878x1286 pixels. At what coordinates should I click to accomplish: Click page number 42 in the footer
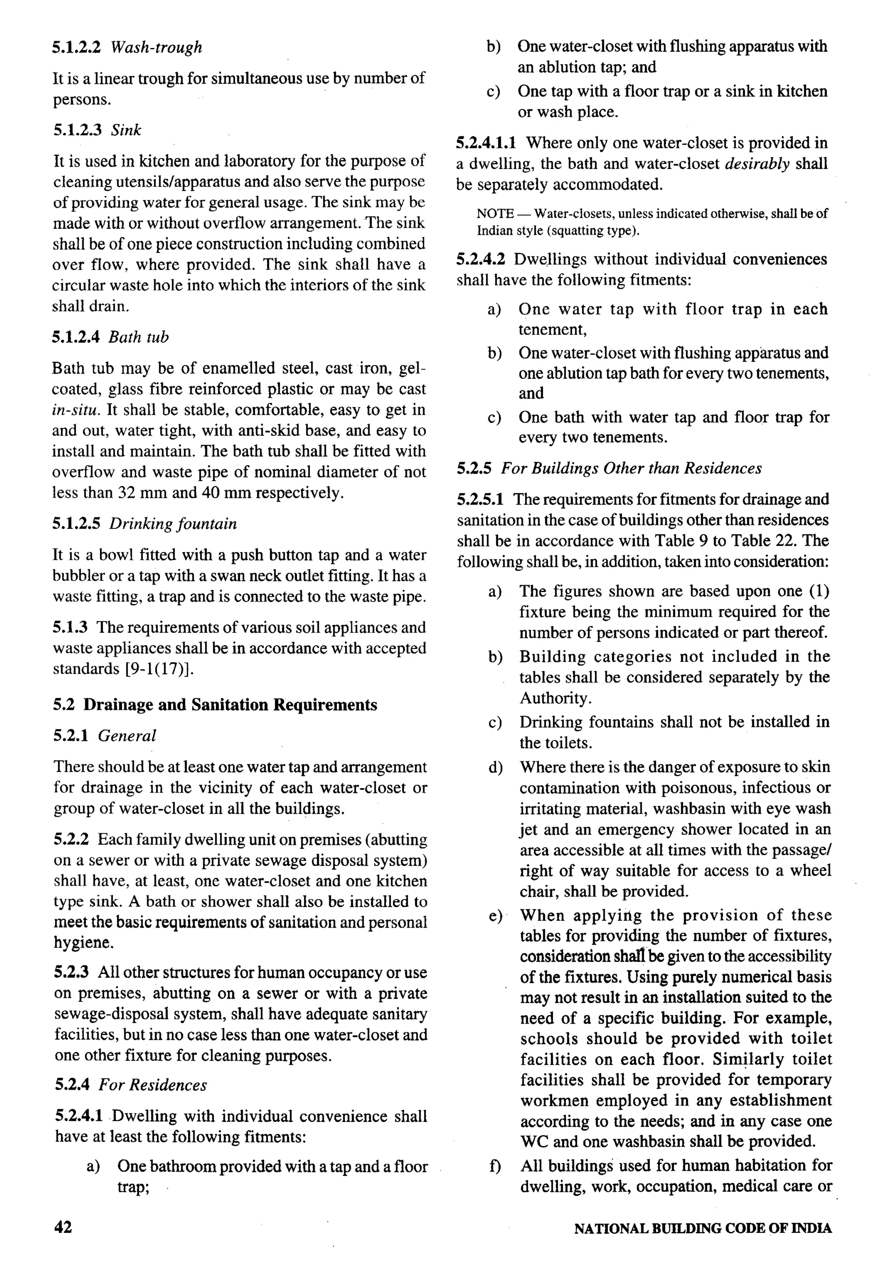click(63, 1227)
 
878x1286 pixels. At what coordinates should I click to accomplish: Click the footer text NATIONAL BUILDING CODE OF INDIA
click(703, 1229)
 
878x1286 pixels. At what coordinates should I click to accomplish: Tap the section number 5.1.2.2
click(76, 47)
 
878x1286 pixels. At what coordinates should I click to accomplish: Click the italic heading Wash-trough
click(156, 47)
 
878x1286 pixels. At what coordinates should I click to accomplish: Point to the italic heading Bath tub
click(138, 337)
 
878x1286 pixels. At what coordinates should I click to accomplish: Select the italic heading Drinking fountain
click(173, 523)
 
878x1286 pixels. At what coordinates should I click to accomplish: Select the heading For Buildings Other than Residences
click(631, 468)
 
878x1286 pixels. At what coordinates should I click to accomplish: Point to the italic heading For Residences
click(153, 1085)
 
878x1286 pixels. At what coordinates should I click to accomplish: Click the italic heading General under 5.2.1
click(127, 736)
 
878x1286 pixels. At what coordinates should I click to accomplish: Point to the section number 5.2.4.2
click(481, 259)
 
